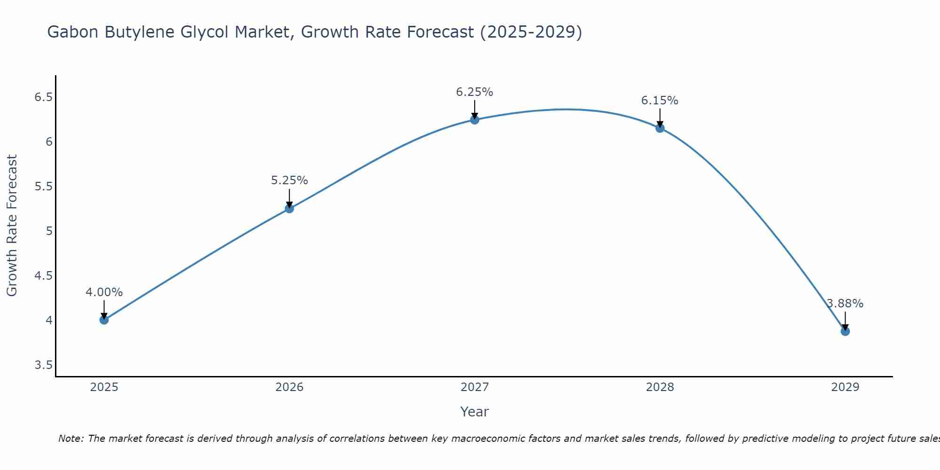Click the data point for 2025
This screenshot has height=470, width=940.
coord(104,320)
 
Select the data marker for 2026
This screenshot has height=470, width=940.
coord(289,209)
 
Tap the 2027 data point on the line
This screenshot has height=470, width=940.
coord(474,120)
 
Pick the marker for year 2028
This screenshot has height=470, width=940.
coord(659,128)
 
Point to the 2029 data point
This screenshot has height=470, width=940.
coord(845,331)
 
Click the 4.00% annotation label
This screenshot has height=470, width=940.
coord(104,292)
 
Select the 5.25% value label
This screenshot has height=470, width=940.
coord(289,180)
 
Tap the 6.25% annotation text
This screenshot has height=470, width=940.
coord(474,92)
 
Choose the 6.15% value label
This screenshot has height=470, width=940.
coord(659,101)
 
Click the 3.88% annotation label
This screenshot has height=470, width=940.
coord(845,304)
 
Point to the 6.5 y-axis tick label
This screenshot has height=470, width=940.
coord(43,97)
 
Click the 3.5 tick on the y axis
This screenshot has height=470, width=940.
coord(43,365)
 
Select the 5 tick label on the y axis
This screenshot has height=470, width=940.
coord(49,231)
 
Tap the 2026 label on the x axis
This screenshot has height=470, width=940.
coord(289,387)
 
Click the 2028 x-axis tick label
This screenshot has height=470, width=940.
coord(659,387)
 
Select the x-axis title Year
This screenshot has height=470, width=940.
coord(474,412)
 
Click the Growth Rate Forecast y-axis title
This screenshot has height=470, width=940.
coord(12,226)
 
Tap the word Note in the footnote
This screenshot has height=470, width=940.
coord(70,439)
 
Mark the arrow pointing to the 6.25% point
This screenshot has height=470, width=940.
coord(474,110)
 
